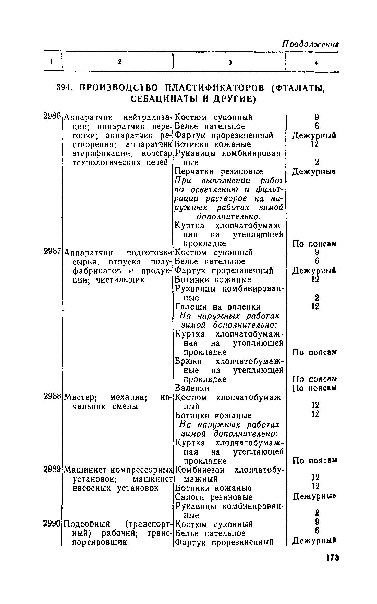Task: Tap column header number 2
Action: click(119, 62)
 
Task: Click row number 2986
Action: click(52, 117)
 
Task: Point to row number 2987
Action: click(52, 252)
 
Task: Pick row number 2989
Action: click(52, 469)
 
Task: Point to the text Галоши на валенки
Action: click(218, 307)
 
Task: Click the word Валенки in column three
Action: click(192, 388)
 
